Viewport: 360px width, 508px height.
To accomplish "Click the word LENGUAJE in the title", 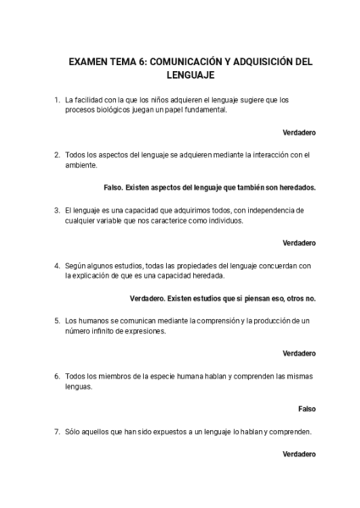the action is point(180,76).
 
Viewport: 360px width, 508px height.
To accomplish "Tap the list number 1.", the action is point(56,100).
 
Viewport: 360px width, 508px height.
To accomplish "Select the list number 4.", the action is point(56,266).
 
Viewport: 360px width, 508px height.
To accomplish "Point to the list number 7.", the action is point(56,431).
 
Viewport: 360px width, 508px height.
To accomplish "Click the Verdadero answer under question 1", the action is point(299,133).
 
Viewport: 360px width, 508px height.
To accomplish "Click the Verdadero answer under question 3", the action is point(299,243).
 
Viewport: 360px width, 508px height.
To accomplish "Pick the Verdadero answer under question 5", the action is point(299,353).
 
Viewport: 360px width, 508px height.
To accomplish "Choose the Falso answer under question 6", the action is point(307,408).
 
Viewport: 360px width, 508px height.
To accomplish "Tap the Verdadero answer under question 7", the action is point(299,454).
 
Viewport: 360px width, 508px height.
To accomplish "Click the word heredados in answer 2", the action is point(295,188).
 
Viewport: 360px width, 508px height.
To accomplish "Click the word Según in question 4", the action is point(76,266).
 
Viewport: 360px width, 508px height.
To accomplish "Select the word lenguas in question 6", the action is point(80,386).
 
